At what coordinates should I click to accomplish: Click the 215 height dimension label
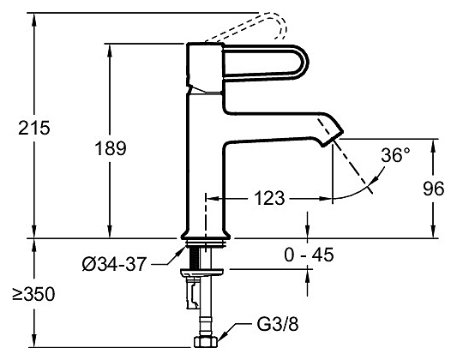click(34, 128)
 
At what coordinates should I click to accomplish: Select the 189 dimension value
click(111, 148)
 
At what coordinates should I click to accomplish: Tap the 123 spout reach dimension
click(269, 198)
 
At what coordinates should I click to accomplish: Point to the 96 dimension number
click(433, 189)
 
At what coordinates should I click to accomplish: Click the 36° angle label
click(395, 155)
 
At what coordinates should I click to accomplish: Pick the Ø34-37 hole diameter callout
click(114, 265)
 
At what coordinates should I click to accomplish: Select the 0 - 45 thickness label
click(309, 255)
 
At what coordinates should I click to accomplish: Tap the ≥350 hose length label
click(33, 294)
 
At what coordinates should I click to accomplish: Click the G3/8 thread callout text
click(278, 324)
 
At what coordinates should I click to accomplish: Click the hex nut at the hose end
click(206, 342)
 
